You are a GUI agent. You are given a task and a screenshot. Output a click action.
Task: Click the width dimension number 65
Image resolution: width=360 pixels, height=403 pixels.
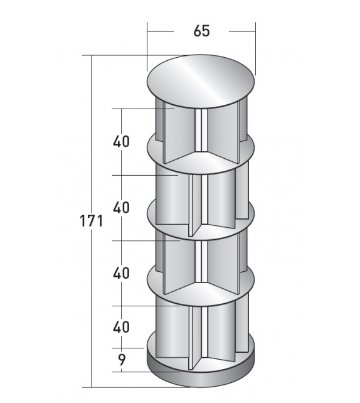[201, 31]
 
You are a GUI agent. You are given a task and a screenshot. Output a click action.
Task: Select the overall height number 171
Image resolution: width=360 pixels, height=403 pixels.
[91, 221]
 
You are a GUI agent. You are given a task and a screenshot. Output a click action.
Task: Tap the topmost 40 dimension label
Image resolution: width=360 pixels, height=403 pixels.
[121, 141]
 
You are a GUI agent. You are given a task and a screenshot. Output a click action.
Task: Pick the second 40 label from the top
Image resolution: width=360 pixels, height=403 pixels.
[121, 207]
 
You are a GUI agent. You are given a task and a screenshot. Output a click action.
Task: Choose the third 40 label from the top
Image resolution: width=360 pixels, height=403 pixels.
[121, 273]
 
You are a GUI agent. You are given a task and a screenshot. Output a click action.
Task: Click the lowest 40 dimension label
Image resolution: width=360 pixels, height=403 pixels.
[121, 326]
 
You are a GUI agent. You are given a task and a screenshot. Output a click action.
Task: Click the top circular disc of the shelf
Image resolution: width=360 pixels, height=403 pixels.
[201, 78]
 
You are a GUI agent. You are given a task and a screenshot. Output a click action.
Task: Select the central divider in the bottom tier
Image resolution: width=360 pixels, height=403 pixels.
[199, 330]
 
